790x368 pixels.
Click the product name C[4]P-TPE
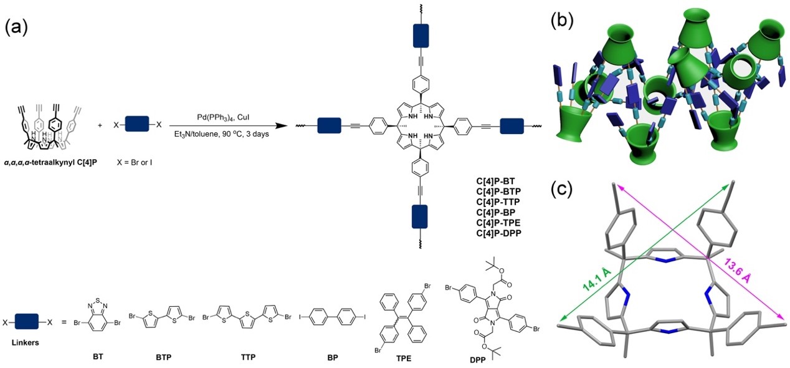[497, 222]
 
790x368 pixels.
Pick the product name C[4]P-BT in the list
[495, 182]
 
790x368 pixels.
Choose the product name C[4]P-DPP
[497, 232]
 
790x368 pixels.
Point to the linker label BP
[331, 357]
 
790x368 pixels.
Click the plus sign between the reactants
[100, 125]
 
